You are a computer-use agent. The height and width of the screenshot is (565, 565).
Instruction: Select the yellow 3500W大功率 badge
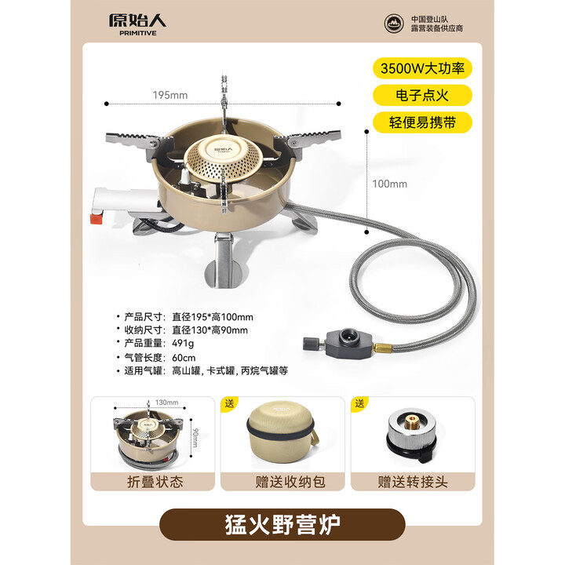(423, 67)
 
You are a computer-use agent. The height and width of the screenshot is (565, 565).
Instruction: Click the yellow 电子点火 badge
(423, 95)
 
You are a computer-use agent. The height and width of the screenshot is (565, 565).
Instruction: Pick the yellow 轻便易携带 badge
(423, 122)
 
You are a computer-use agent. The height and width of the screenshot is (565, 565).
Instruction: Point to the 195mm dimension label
(170, 95)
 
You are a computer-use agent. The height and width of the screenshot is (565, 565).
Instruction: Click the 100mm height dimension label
(390, 184)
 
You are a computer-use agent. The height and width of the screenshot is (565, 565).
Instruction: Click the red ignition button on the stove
(96, 217)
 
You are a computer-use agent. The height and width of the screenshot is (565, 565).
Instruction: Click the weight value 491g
(184, 344)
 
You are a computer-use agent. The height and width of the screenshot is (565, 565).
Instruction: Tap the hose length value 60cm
(184, 358)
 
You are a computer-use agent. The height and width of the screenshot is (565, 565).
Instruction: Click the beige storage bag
(282, 435)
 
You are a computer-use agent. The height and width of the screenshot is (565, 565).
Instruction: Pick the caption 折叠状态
(155, 481)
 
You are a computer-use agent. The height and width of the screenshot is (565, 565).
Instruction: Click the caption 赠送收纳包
(282, 481)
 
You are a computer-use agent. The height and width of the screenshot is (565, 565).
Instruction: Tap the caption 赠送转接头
(411, 481)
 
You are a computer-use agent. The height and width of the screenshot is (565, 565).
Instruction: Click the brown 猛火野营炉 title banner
(282, 524)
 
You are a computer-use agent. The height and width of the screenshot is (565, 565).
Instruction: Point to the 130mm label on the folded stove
(167, 403)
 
